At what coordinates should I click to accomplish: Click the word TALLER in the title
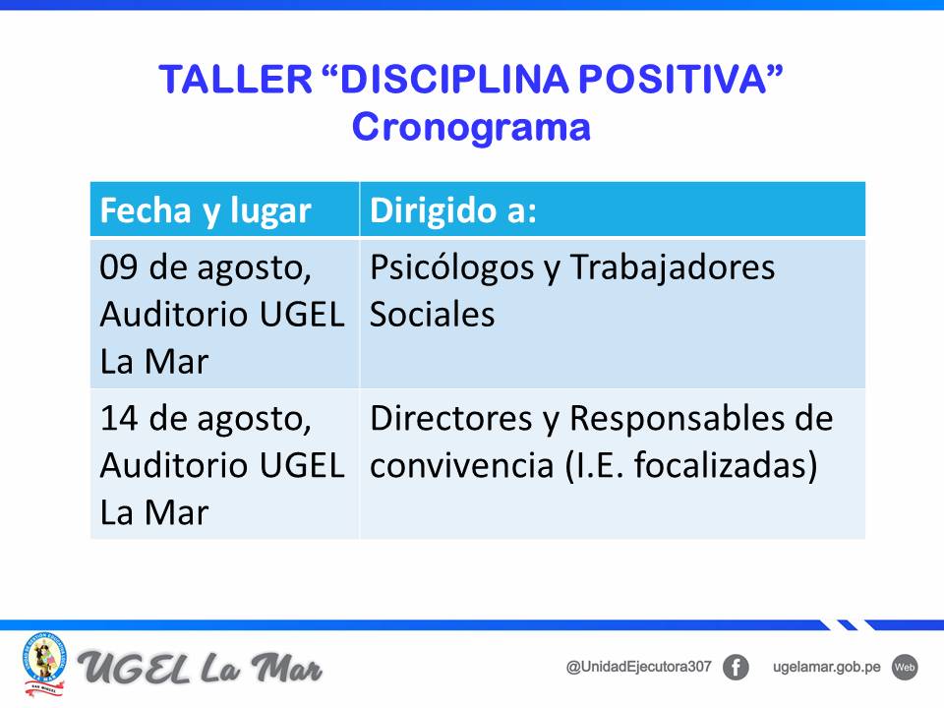pos(235,79)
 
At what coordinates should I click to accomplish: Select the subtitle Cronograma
pos(471,128)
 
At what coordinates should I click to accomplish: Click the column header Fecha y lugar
pos(206,210)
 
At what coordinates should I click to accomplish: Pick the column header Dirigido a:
pos(452,210)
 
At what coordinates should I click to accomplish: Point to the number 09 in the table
pos(119,267)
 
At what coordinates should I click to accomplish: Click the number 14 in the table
pos(119,419)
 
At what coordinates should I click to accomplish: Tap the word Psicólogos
pos(451,267)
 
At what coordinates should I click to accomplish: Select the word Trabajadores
pos(672,267)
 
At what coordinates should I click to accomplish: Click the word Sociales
pos(433,315)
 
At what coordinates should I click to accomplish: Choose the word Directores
pos(451,419)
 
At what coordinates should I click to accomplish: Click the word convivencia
pos(462,465)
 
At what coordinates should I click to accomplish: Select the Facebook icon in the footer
pos(736,668)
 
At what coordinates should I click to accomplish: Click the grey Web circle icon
pos(905,668)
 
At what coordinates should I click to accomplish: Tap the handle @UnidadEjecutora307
pos(639,667)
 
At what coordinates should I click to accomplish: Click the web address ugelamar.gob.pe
pos(827,668)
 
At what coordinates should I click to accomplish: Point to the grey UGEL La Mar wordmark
pos(200,669)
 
